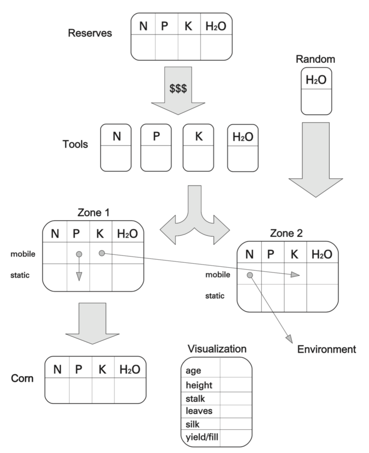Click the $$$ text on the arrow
(178, 88)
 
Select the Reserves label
(90, 34)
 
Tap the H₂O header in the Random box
(316, 80)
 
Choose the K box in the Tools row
(198, 147)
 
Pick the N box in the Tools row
(116, 147)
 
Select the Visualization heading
(217, 349)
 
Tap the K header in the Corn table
(103, 369)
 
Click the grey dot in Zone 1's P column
(79, 254)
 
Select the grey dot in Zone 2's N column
(250, 275)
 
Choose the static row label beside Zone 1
(19, 276)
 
